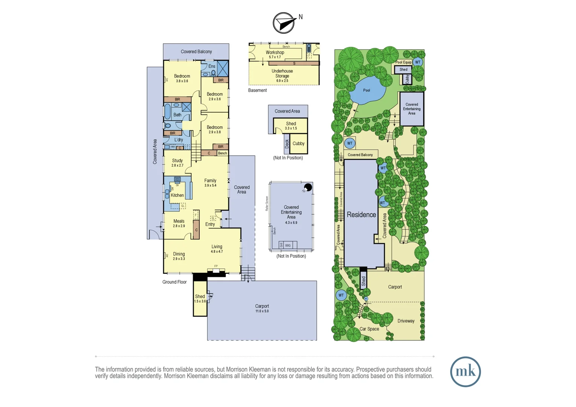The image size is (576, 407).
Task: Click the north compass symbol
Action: pos(284,23)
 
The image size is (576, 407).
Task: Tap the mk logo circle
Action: pos(465,372)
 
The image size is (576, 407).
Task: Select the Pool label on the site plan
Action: pos(366,90)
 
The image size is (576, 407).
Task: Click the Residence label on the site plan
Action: pos(361,215)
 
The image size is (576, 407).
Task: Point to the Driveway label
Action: pos(406,321)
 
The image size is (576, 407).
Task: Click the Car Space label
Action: pos(369,329)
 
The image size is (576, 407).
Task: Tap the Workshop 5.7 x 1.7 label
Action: pos(275,54)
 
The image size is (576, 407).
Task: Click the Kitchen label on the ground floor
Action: pos(177,195)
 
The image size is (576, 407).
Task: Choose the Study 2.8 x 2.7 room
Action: pos(177,162)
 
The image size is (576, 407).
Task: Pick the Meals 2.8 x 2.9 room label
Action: pos(179,223)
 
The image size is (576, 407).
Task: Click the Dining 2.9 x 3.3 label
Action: pos(179,256)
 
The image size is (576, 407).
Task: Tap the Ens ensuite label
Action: pos(212,66)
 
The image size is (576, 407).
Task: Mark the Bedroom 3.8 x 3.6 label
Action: pos(182,78)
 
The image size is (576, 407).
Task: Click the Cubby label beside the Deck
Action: pos(298,144)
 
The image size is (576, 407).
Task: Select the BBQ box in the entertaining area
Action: pos(288,245)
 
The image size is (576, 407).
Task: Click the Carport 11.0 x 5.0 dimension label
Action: pos(262,308)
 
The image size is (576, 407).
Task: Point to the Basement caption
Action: pos(257,90)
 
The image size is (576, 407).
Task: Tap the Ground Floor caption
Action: pos(174,282)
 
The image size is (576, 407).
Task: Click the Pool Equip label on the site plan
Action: pos(403,62)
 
